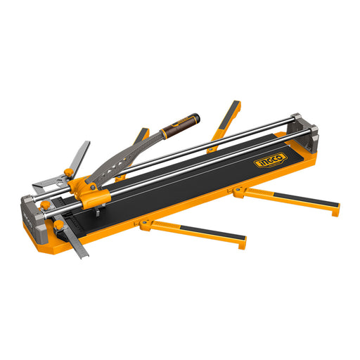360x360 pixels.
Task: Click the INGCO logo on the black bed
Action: [271, 160]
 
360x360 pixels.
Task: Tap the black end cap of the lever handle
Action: [195, 118]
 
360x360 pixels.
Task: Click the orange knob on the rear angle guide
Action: [69, 173]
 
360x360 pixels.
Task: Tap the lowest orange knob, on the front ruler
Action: [58, 226]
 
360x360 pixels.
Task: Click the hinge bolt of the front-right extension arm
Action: [238, 189]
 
